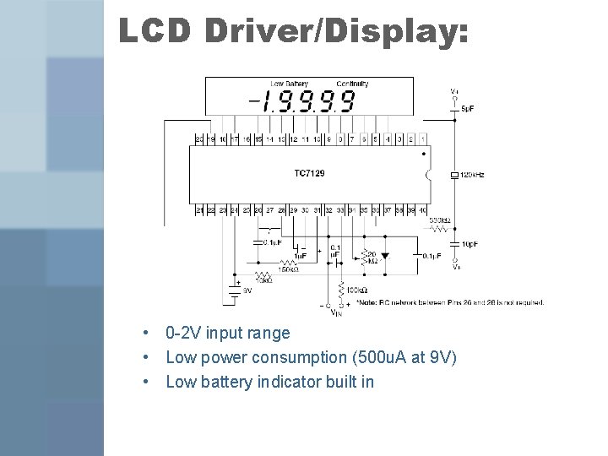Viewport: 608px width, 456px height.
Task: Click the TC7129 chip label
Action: tap(309, 173)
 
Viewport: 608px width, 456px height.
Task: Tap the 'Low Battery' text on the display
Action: tap(289, 84)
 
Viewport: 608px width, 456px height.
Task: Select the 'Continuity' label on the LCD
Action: tap(352, 84)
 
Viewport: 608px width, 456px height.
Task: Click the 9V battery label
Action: tap(247, 290)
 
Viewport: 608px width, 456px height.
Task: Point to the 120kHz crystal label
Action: tap(472, 175)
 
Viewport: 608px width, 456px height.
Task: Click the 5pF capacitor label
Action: tap(468, 110)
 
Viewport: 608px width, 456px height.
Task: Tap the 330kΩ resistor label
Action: tap(439, 220)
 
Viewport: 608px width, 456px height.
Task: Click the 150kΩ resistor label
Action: tap(289, 270)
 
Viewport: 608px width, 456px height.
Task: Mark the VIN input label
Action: tap(335, 313)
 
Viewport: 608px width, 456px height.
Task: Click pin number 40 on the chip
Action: tap(422, 209)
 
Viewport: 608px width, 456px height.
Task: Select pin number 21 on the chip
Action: tap(198, 209)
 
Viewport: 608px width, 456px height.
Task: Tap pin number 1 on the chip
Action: tap(422, 138)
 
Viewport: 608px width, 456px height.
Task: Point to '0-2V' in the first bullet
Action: tap(184, 334)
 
